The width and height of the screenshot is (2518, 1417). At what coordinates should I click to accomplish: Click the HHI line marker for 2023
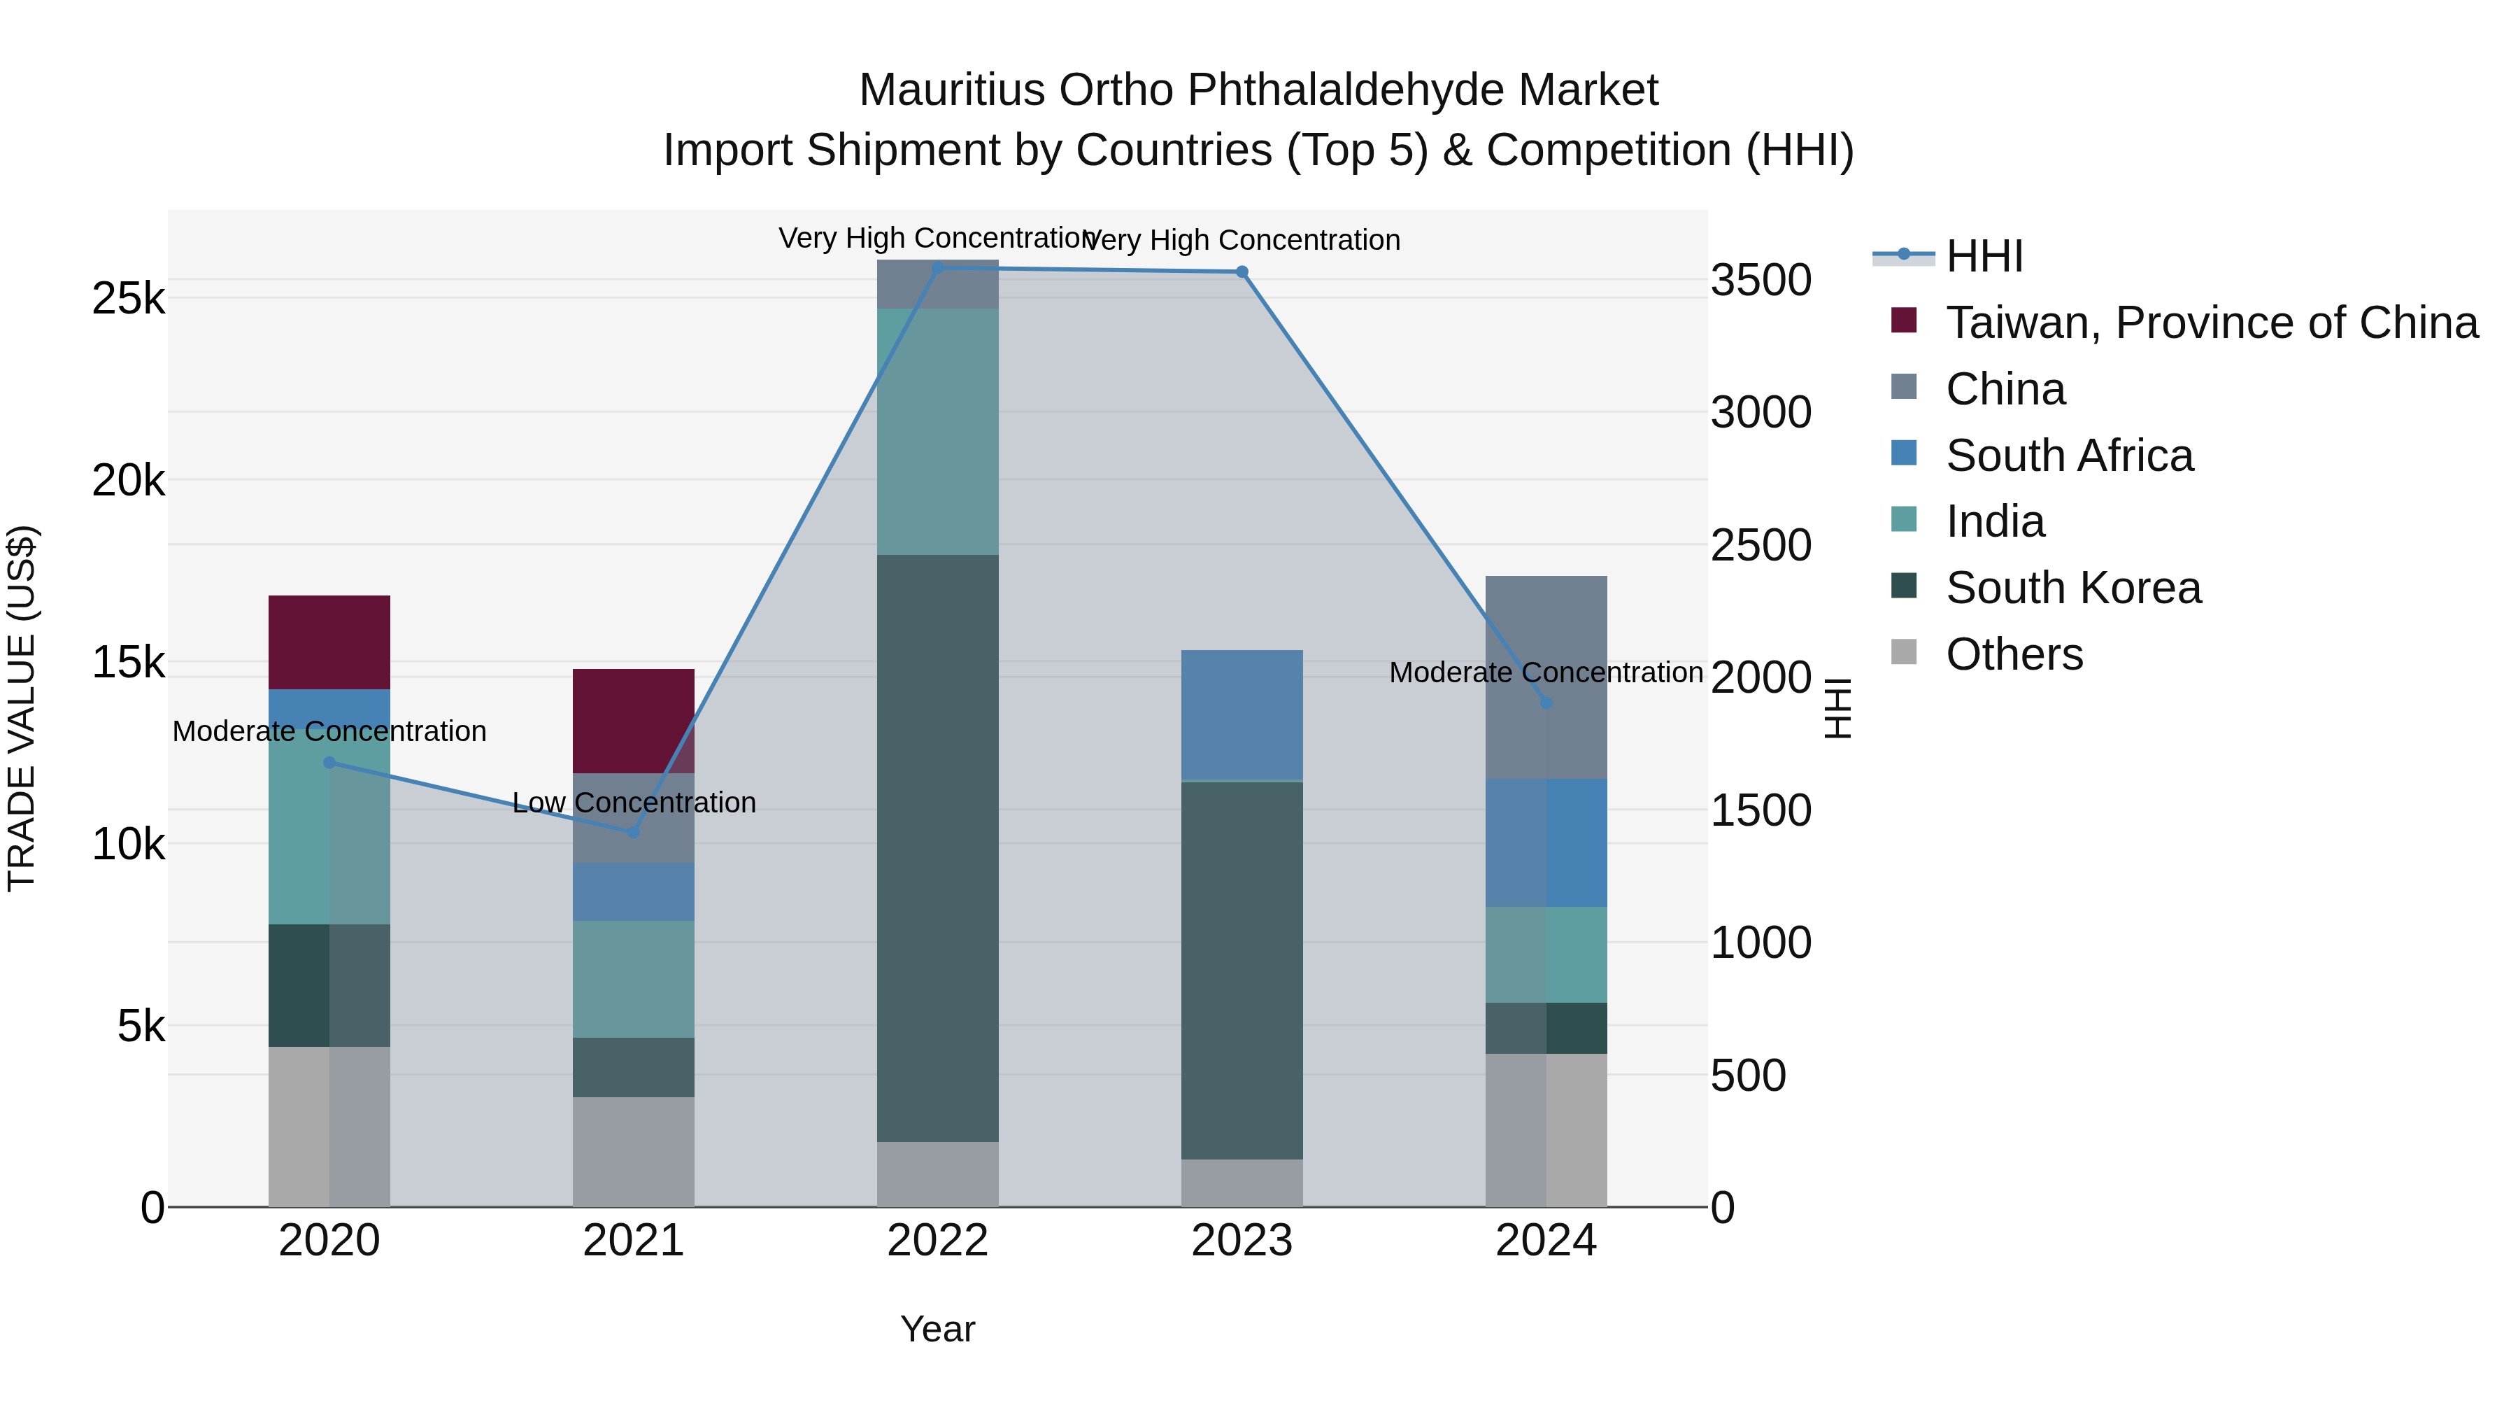[x=1242, y=272]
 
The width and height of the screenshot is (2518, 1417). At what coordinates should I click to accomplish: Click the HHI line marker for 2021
[x=634, y=832]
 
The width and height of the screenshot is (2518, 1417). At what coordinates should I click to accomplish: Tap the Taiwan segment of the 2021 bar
[x=634, y=721]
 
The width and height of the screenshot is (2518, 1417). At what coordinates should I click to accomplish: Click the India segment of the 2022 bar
[x=937, y=431]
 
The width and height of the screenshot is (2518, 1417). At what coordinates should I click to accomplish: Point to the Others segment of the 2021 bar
[x=634, y=1151]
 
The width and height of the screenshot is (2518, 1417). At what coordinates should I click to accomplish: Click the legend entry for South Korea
[x=2072, y=588]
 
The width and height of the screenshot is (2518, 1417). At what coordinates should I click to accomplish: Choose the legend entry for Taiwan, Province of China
[x=2211, y=323]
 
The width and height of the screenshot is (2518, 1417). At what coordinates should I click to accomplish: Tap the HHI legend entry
[x=1984, y=256]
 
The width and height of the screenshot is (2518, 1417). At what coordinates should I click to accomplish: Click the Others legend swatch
[x=1903, y=652]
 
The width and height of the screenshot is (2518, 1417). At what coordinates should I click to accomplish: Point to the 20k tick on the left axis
[x=128, y=480]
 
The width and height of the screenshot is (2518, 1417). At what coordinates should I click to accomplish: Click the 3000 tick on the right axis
[x=1761, y=411]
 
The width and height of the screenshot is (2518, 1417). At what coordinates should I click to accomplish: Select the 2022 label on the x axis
[x=937, y=1240]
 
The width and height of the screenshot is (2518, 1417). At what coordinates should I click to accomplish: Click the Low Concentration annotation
[x=634, y=802]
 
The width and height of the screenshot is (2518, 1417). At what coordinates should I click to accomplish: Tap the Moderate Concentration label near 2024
[x=1545, y=672]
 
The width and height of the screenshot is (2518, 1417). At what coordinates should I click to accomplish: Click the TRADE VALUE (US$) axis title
[x=22, y=708]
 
